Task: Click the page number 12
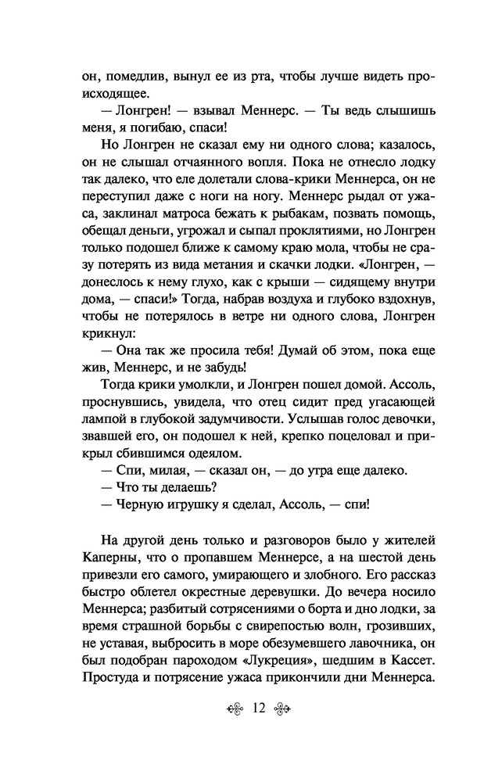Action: (x=260, y=730)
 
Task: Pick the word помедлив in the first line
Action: (x=125, y=78)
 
